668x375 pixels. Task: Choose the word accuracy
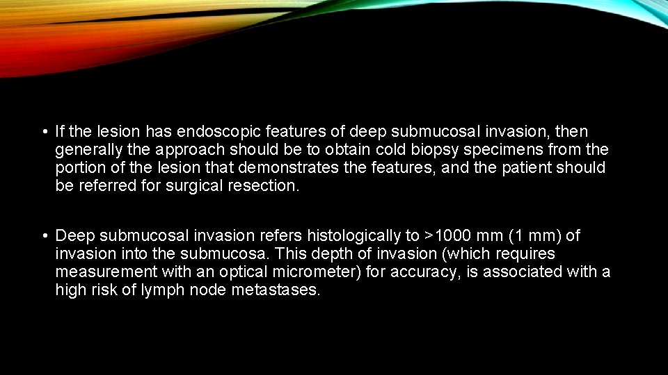tap(424, 272)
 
